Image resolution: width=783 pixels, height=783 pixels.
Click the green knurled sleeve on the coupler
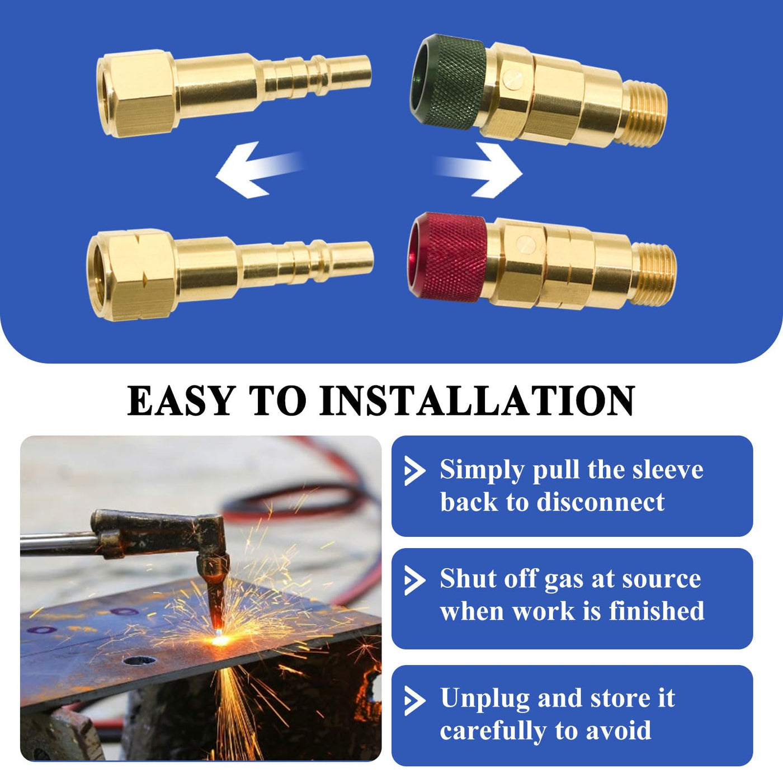(449, 81)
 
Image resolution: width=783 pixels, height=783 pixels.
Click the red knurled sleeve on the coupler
(447, 257)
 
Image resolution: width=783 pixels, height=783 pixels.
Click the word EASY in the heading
(182, 400)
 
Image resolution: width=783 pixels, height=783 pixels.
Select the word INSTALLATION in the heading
(477, 400)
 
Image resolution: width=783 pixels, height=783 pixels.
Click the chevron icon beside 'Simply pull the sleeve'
(414, 470)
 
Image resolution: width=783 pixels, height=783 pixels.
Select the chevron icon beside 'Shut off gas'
(414, 580)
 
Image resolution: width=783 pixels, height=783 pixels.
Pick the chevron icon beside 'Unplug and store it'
(414, 700)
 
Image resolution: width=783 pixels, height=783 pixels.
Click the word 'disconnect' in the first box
(601, 502)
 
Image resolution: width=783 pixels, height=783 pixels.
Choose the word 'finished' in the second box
(657, 611)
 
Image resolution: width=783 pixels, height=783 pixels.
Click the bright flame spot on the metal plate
(220, 640)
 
